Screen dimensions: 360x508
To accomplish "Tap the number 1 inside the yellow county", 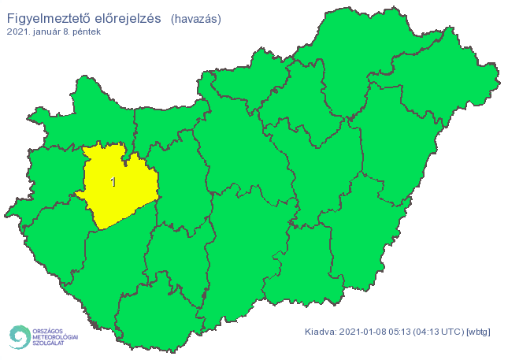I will tap(113, 183).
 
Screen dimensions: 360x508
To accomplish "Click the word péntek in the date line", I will tap(88, 32).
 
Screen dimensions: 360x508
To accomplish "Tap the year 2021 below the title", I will tap(17, 32).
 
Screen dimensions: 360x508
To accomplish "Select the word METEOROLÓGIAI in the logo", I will tap(56, 336).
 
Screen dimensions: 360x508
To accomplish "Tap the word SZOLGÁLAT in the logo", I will tap(49, 343).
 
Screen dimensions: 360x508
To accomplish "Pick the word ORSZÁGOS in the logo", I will tap(48, 329).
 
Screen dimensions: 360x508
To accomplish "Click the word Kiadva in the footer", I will tap(321, 332).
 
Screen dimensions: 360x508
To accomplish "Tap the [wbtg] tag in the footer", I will tap(479, 332).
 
